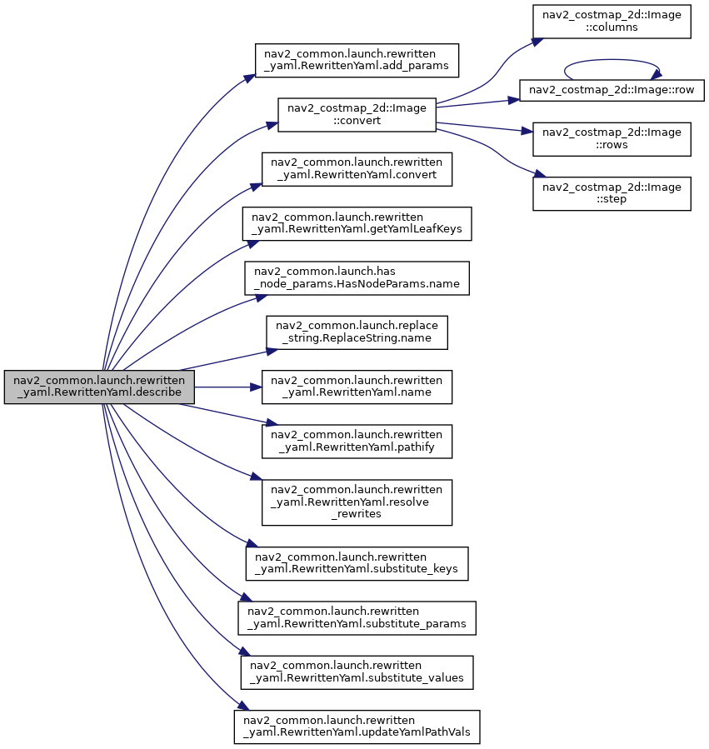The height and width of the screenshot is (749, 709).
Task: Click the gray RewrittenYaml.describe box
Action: (x=99, y=387)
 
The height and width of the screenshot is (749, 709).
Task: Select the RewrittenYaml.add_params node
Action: (x=357, y=60)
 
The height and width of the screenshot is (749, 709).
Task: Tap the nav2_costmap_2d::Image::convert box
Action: (x=357, y=115)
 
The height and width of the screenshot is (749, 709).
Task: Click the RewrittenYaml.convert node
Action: (x=357, y=169)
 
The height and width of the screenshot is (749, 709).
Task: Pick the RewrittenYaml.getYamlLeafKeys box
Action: (x=357, y=223)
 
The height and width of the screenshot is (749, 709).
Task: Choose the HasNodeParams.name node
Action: (x=357, y=278)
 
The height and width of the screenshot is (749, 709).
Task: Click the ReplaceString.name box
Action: (x=357, y=332)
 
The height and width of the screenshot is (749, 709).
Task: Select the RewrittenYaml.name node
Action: (x=357, y=387)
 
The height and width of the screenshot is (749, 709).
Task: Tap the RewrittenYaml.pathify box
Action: (x=357, y=442)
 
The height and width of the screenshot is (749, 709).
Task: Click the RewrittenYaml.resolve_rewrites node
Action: (x=357, y=502)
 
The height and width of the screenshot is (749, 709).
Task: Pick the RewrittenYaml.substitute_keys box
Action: (x=357, y=564)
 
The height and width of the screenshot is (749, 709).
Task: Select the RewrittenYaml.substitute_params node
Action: (x=357, y=618)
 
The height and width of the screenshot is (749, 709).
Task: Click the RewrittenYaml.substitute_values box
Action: (x=357, y=672)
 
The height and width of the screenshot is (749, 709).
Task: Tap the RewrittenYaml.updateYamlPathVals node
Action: (x=357, y=727)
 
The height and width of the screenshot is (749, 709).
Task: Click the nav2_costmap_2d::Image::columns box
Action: (x=612, y=22)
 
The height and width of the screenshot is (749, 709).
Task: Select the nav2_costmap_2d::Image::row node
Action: (x=612, y=90)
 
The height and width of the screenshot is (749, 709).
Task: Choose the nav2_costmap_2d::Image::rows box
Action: (x=612, y=139)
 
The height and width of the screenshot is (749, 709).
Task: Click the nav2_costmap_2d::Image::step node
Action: (x=612, y=193)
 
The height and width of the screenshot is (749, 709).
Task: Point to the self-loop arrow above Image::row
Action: (x=612, y=60)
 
